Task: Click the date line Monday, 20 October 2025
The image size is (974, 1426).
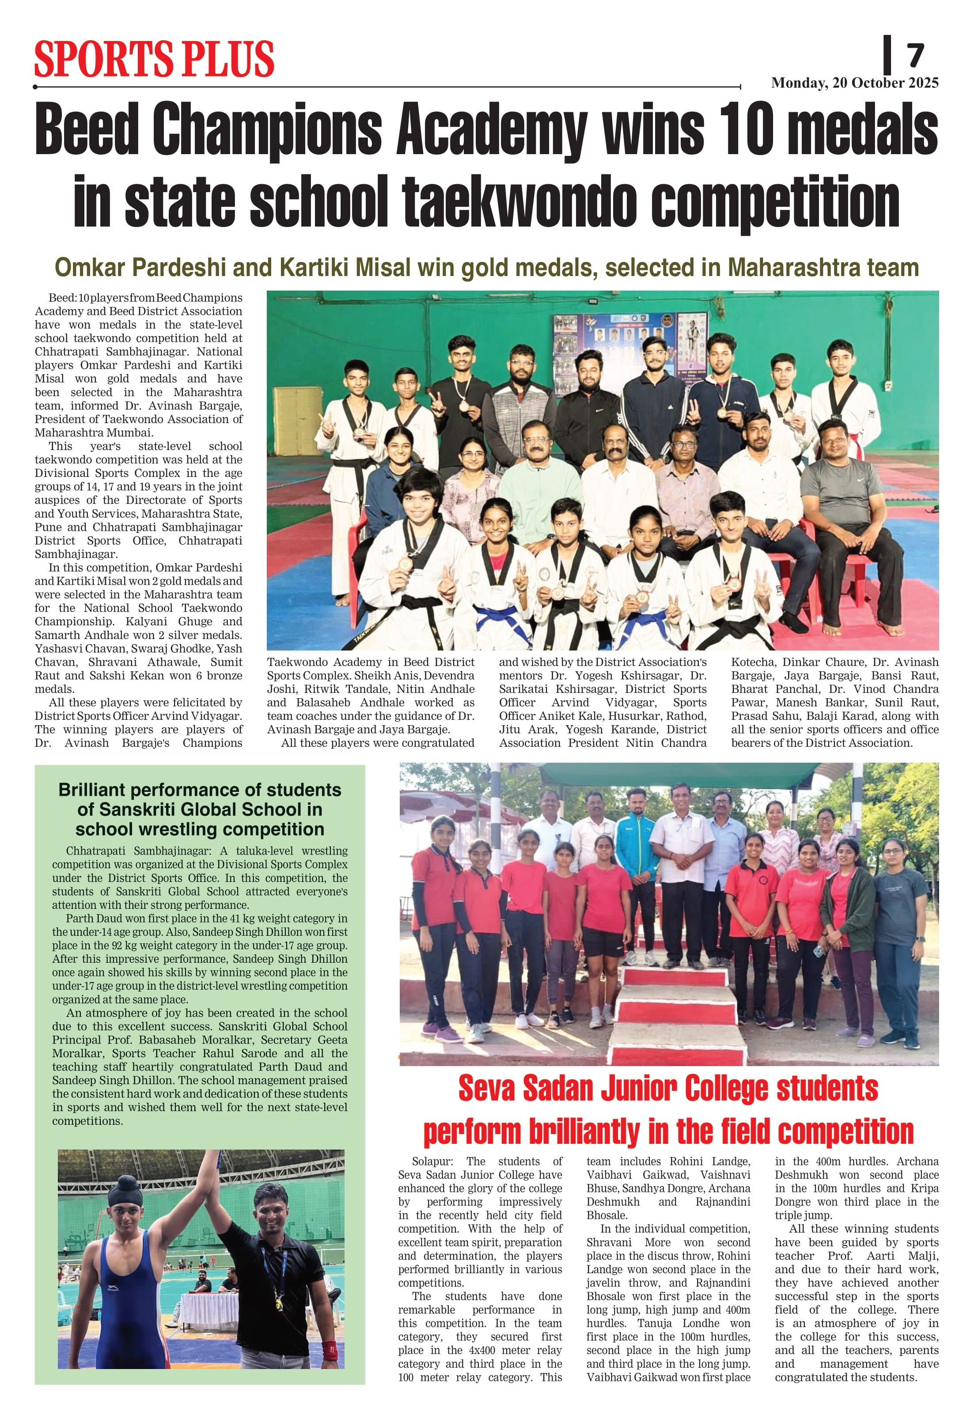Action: (854, 83)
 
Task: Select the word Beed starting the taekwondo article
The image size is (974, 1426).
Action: (61, 298)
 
